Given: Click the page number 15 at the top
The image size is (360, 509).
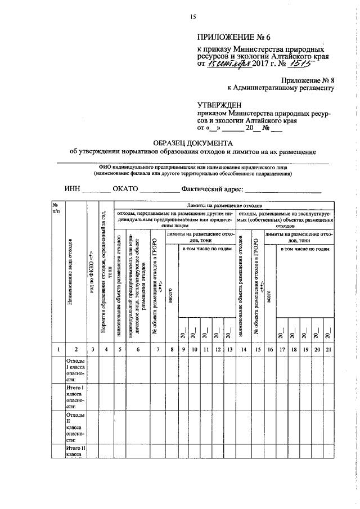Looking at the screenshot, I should tap(192, 17).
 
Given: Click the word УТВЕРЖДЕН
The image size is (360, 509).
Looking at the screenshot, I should tap(219, 105).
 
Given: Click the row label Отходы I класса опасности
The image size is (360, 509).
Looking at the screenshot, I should tap(75, 370).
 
